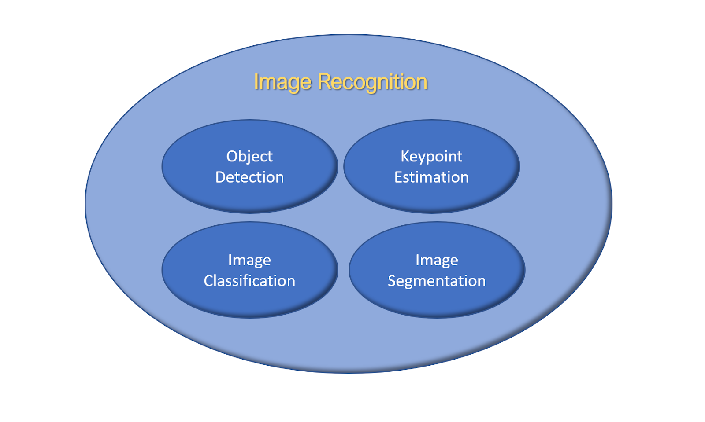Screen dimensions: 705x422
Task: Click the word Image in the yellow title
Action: [x=282, y=82]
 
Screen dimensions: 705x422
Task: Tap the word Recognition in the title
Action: [x=372, y=82]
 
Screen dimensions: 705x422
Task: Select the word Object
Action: [x=249, y=157]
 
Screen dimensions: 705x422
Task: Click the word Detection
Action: [x=249, y=177]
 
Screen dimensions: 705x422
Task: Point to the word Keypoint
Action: [x=431, y=157]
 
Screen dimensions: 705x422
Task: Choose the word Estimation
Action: [x=431, y=177]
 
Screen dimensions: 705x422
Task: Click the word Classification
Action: [x=249, y=281]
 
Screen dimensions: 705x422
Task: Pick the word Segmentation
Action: [x=437, y=281]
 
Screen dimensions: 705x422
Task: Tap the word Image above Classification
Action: [x=249, y=260]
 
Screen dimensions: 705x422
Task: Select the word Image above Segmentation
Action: [x=437, y=260]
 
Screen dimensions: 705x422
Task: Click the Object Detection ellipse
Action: [x=249, y=198]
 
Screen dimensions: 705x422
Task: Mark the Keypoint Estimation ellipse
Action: [x=431, y=198]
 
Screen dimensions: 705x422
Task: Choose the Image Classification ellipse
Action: [x=249, y=301]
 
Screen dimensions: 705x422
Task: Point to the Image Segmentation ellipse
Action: [x=437, y=301]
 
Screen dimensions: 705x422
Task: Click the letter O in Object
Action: [x=232, y=156]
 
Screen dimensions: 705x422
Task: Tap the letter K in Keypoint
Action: [x=404, y=156]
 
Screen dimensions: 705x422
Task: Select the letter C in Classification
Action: [x=209, y=281]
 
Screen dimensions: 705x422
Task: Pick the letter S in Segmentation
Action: [x=392, y=281]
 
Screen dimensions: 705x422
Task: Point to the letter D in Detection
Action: [x=220, y=177]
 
